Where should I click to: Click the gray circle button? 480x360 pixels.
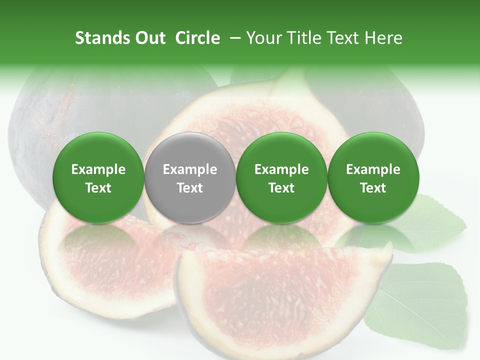(x=189, y=177)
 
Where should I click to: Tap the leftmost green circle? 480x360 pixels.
(x=98, y=177)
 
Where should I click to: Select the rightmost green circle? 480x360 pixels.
(x=373, y=177)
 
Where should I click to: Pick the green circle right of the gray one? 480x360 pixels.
(x=281, y=177)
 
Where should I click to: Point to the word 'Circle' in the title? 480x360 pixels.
(x=197, y=38)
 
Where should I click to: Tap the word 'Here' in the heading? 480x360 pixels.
(x=383, y=38)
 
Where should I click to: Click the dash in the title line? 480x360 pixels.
(x=235, y=38)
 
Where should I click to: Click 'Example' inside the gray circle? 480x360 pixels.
(x=189, y=169)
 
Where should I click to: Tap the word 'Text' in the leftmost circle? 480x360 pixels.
(x=98, y=188)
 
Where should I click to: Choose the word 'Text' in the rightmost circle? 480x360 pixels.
(x=373, y=188)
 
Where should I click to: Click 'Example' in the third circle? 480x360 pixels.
(x=281, y=169)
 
